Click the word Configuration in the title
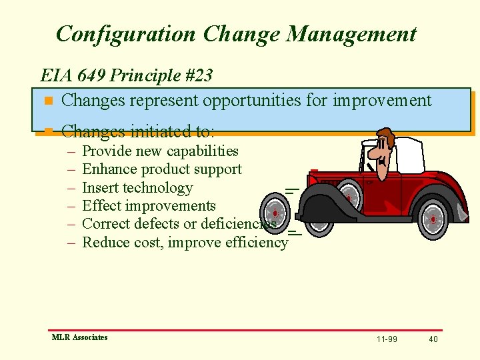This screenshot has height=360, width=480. [127, 34]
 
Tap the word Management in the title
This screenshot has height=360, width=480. [351, 34]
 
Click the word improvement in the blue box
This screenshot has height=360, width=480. [382, 101]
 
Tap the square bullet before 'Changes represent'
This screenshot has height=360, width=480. [47, 102]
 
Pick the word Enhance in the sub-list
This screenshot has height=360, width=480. [109, 169]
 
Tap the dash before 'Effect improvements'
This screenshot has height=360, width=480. [71, 206]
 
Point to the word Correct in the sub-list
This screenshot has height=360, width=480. [106, 224]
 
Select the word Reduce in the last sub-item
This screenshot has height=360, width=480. [105, 243]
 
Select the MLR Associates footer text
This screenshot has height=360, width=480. [79, 337]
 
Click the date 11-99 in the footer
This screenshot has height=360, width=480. [387, 339]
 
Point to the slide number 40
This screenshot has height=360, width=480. [433, 339]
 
